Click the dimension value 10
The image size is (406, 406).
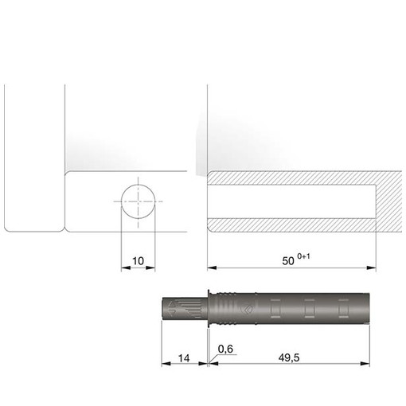(x=138, y=261)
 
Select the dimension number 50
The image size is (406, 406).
(x=288, y=261)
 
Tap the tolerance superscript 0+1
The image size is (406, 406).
(x=303, y=256)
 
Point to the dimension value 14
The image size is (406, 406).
(x=184, y=358)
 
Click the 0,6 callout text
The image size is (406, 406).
(x=225, y=349)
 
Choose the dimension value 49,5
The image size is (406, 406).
(x=289, y=358)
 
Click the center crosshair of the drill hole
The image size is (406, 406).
(x=138, y=201)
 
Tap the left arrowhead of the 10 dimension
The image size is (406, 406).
(x=126, y=267)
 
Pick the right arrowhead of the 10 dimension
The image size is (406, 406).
(x=150, y=267)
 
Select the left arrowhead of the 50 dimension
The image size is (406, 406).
(x=212, y=267)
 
